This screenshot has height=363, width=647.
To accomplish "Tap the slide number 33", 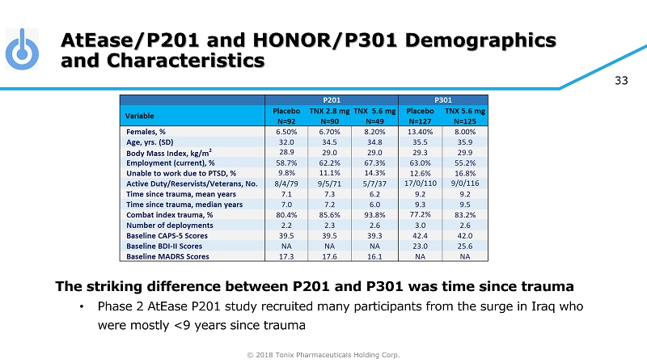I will (623, 80).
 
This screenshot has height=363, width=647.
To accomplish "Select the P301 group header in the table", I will (443, 99).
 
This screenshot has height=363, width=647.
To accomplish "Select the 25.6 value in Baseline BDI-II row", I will (468, 246).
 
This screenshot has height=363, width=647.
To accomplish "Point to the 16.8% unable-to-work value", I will (468, 172).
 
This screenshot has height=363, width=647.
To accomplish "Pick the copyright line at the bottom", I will (323, 353).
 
